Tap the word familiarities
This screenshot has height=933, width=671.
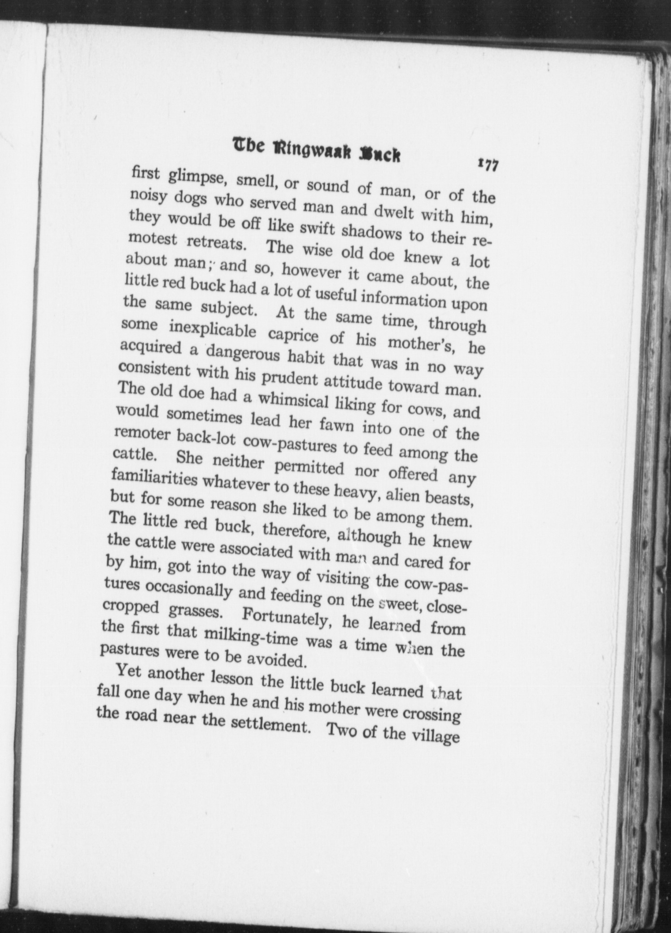pyautogui.click(x=155, y=478)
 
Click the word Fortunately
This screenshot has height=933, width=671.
pyautogui.click(x=286, y=616)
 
